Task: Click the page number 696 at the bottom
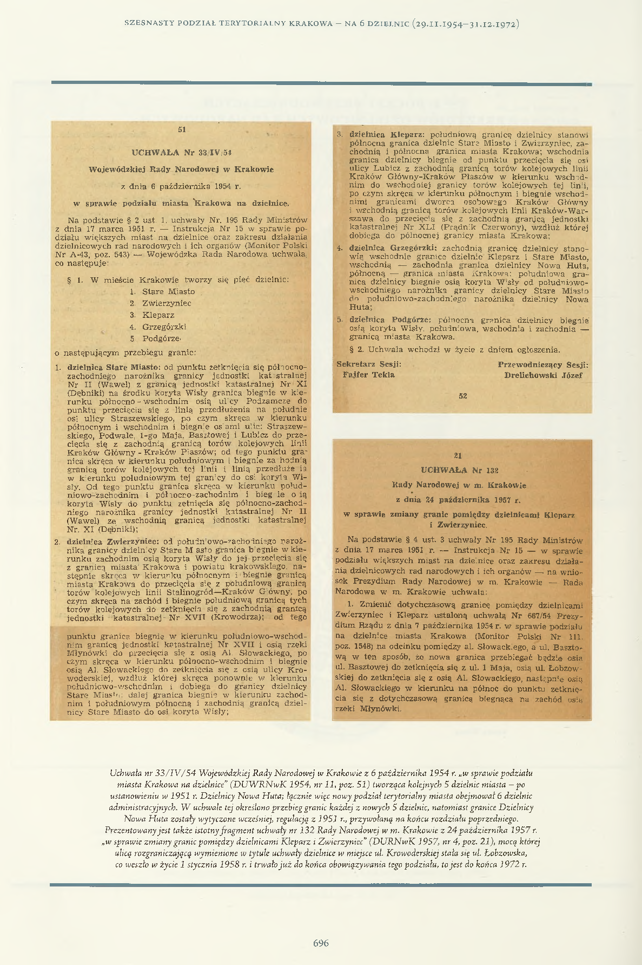321,943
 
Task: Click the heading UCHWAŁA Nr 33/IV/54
181,152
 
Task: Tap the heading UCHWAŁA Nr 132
460,470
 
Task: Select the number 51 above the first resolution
182,129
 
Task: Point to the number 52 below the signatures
462,396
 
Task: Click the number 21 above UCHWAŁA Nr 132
459,455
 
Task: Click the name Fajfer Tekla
368,375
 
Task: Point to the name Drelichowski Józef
543,375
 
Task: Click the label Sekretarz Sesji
369,364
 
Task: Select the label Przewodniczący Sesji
543,364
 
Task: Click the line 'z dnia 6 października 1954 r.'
181,187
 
